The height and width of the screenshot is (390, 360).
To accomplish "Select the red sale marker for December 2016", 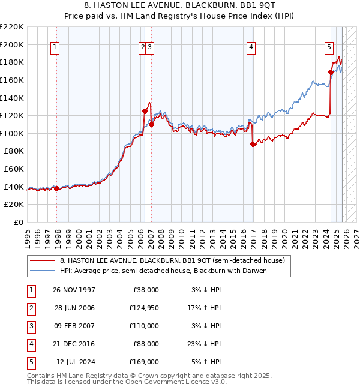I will [253, 144].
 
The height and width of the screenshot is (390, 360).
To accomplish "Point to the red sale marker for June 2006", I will [145, 111].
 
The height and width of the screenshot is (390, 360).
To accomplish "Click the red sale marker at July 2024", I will [331, 72].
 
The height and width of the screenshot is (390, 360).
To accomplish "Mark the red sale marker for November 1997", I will [56, 188].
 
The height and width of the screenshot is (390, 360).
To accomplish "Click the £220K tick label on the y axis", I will [12, 27].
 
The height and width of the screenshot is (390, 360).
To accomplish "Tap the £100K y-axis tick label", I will [12, 133].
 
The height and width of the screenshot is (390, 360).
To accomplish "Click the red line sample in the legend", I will [43, 260].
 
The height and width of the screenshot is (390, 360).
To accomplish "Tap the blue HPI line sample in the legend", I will [43, 271].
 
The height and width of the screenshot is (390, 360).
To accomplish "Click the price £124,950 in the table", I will [144, 308].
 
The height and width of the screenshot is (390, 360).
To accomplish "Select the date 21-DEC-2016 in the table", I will [74, 344].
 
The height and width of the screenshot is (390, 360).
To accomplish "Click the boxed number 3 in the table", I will [29, 326].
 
